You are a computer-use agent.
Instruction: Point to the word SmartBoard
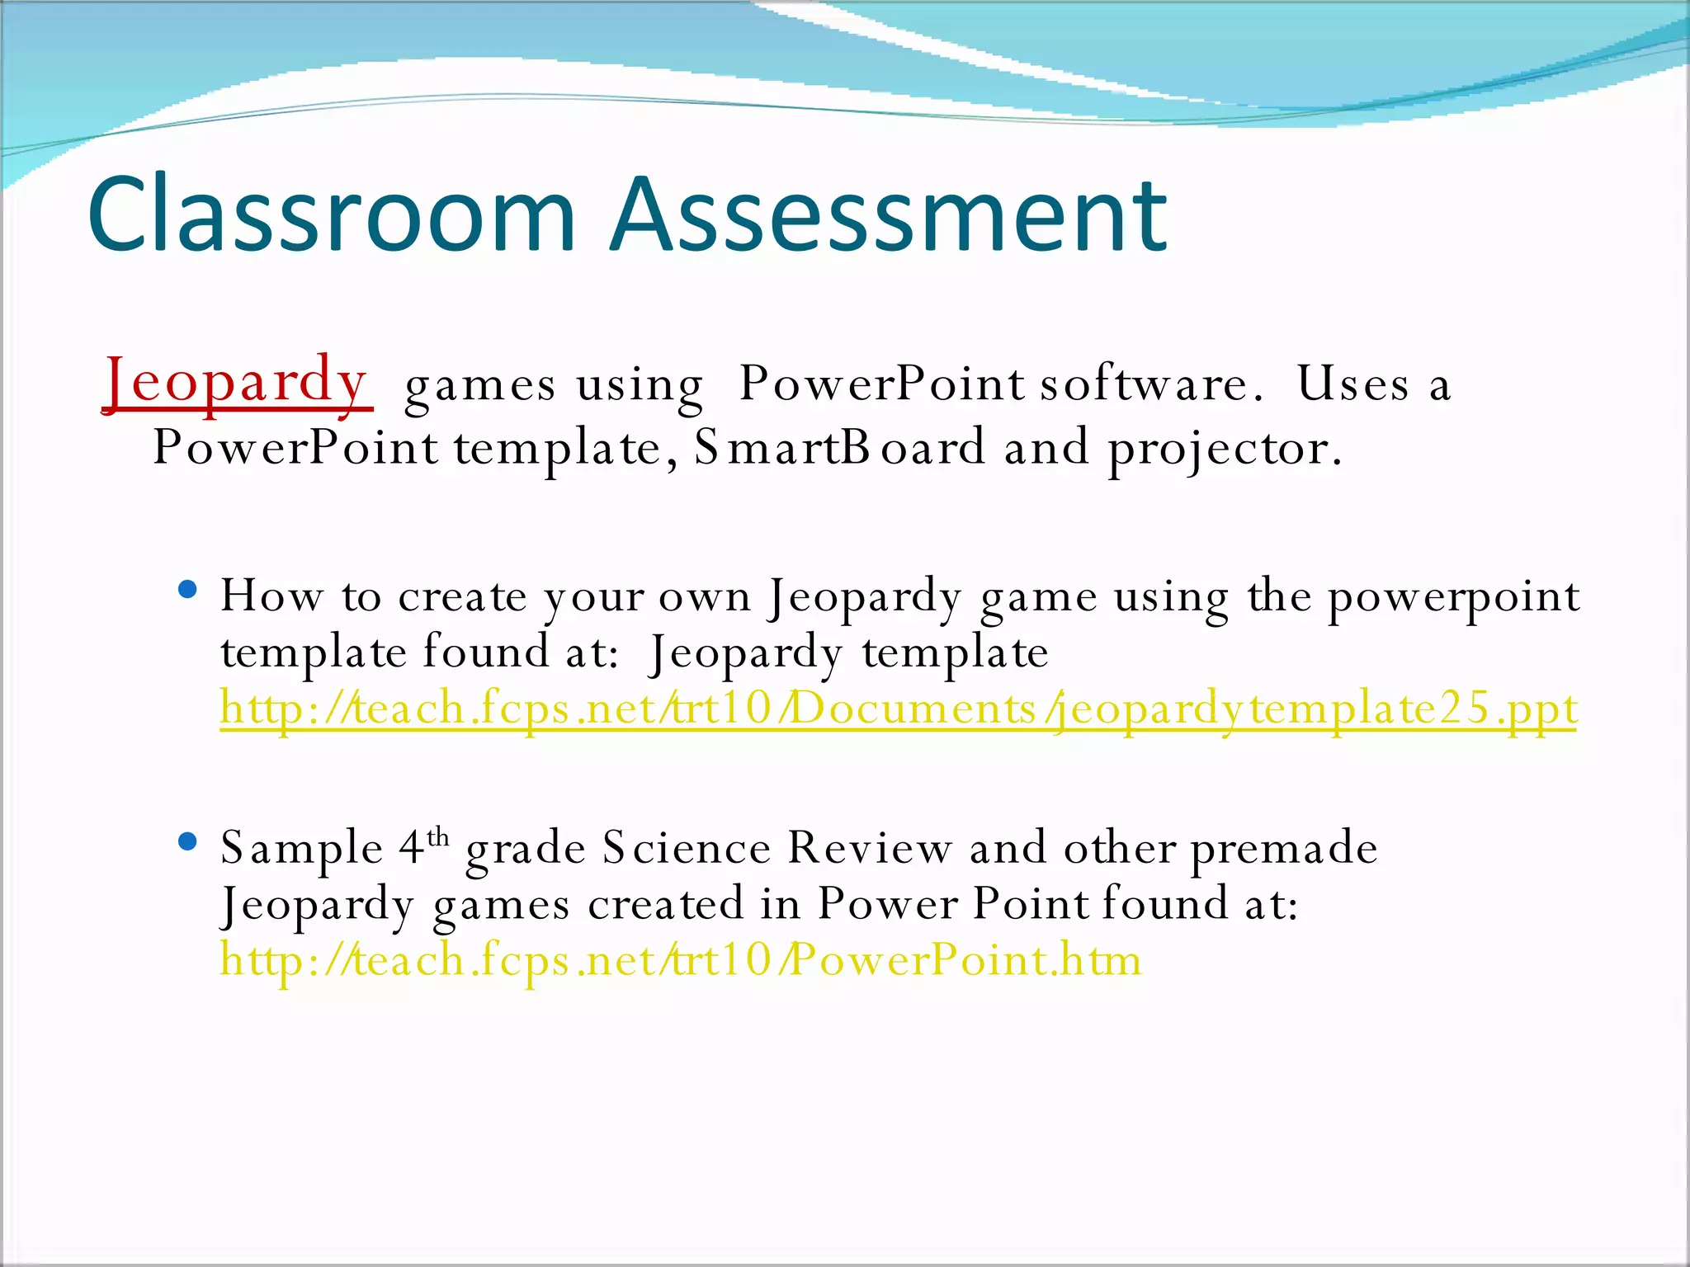pos(838,448)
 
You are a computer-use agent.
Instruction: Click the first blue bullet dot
pos(188,589)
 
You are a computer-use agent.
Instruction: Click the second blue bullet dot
pos(188,841)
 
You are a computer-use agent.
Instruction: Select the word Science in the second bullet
pos(687,848)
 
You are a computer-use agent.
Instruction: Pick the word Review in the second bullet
pos(869,848)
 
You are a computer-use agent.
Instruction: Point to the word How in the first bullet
pos(271,596)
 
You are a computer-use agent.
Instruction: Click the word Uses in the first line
pos(1352,384)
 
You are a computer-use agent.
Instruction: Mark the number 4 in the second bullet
pos(411,848)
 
